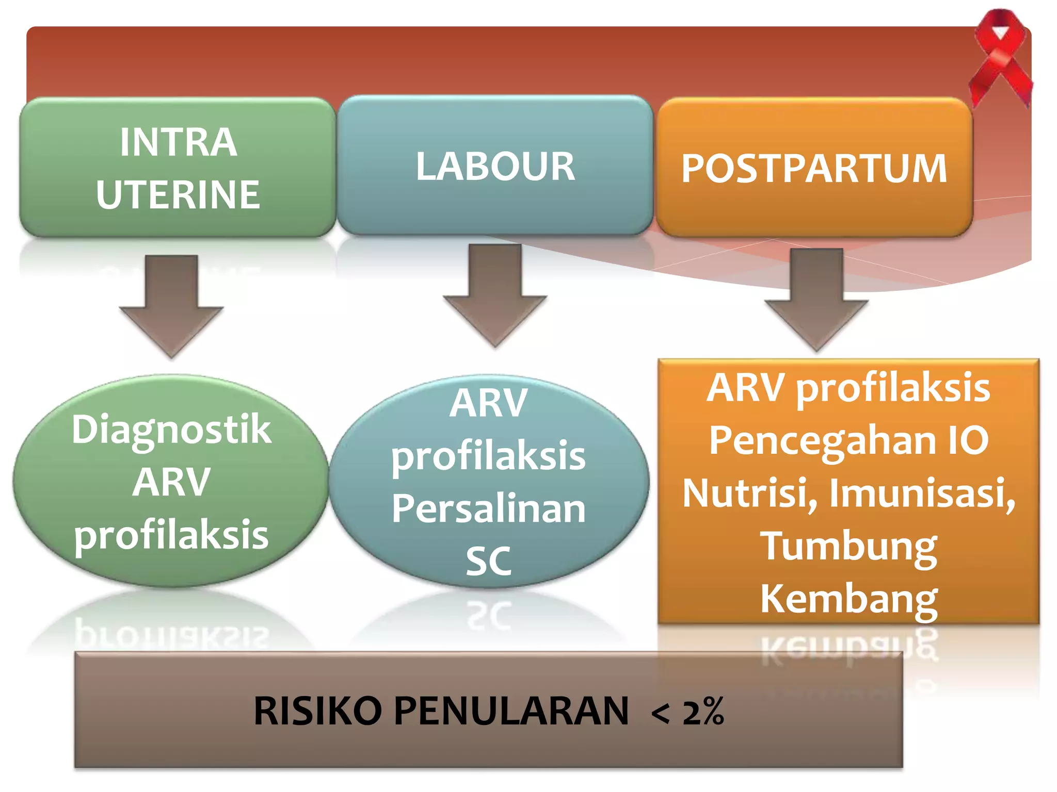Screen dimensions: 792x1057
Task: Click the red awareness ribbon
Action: (x=1000, y=57)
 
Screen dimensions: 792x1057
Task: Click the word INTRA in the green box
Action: (x=178, y=142)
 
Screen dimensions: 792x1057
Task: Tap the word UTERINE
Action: (x=178, y=195)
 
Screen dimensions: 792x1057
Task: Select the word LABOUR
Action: (x=495, y=167)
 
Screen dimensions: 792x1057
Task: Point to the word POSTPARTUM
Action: (x=814, y=169)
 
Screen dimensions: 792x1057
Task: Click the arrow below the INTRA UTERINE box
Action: (x=171, y=304)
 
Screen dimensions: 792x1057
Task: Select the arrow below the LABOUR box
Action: (x=495, y=294)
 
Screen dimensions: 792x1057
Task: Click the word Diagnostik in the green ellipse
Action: (x=171, y=430)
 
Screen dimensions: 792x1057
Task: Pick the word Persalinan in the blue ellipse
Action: (x=488, y=509)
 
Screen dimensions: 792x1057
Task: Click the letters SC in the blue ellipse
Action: (x=488, y=562)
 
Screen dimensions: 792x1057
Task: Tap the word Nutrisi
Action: (x=749, y=493)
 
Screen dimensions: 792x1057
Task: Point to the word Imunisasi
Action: (x=922, y=493)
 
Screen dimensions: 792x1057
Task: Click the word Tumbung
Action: (x=848, y=547)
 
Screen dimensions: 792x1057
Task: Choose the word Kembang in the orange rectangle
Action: (x=848, y=599)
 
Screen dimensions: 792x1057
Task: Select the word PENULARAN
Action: (x=511, y=711)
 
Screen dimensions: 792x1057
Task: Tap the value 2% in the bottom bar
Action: (x=703, y=712)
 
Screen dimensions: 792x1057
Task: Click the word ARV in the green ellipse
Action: (x=171, y=482)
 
